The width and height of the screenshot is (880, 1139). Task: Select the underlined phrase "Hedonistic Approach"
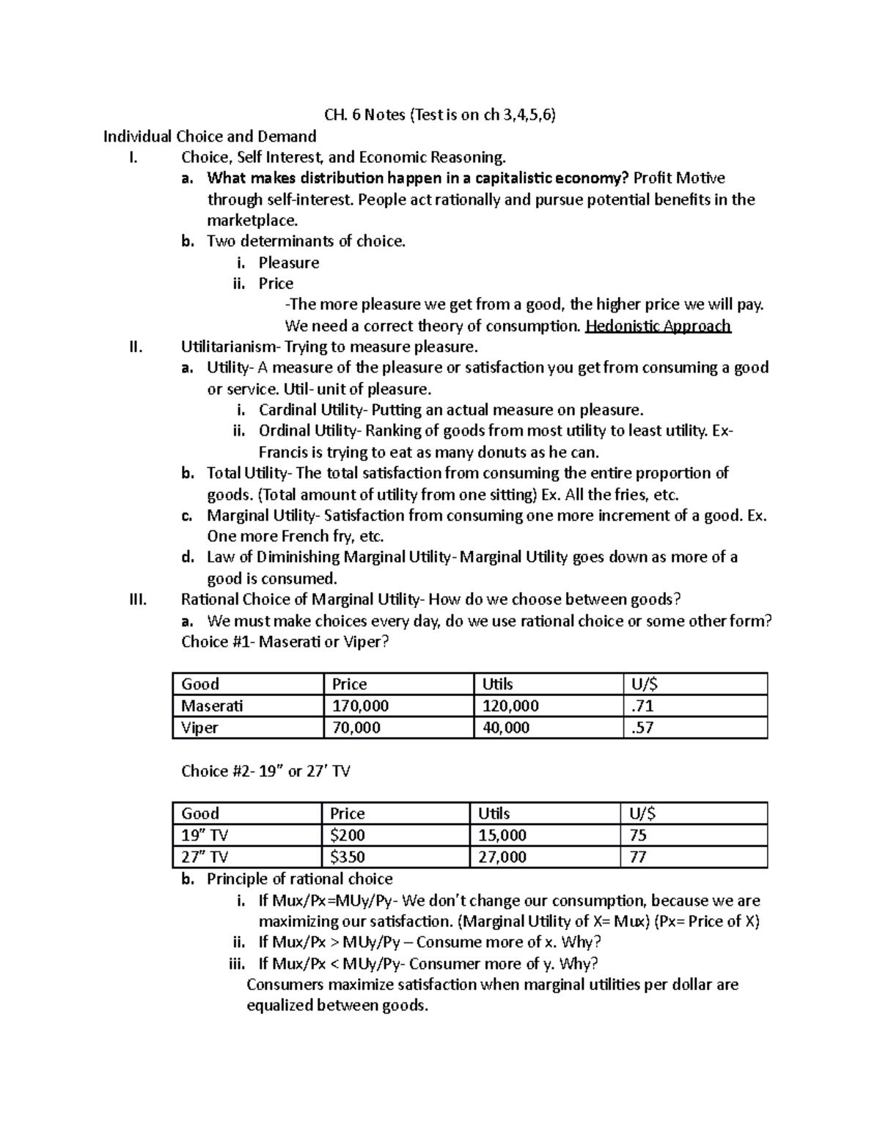click(x=658, y=326)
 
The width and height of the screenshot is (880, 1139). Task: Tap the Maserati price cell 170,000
click(x=360, y=706)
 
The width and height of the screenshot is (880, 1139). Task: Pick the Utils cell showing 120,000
click(x=510, y=706)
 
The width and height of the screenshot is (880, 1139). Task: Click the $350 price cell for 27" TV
click(x=348, y=857)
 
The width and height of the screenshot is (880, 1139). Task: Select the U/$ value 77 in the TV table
click(x=637, y=857)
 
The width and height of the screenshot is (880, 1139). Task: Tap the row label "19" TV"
click(x=205, y=835)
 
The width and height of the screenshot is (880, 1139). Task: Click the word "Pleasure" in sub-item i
click(x=288, y=263)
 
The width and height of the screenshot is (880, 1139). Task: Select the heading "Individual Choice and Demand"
click(x=210, y=136)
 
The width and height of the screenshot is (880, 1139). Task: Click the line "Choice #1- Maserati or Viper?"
click(x=285, y=642)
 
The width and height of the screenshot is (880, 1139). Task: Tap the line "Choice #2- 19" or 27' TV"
click(x=265, y=772)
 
